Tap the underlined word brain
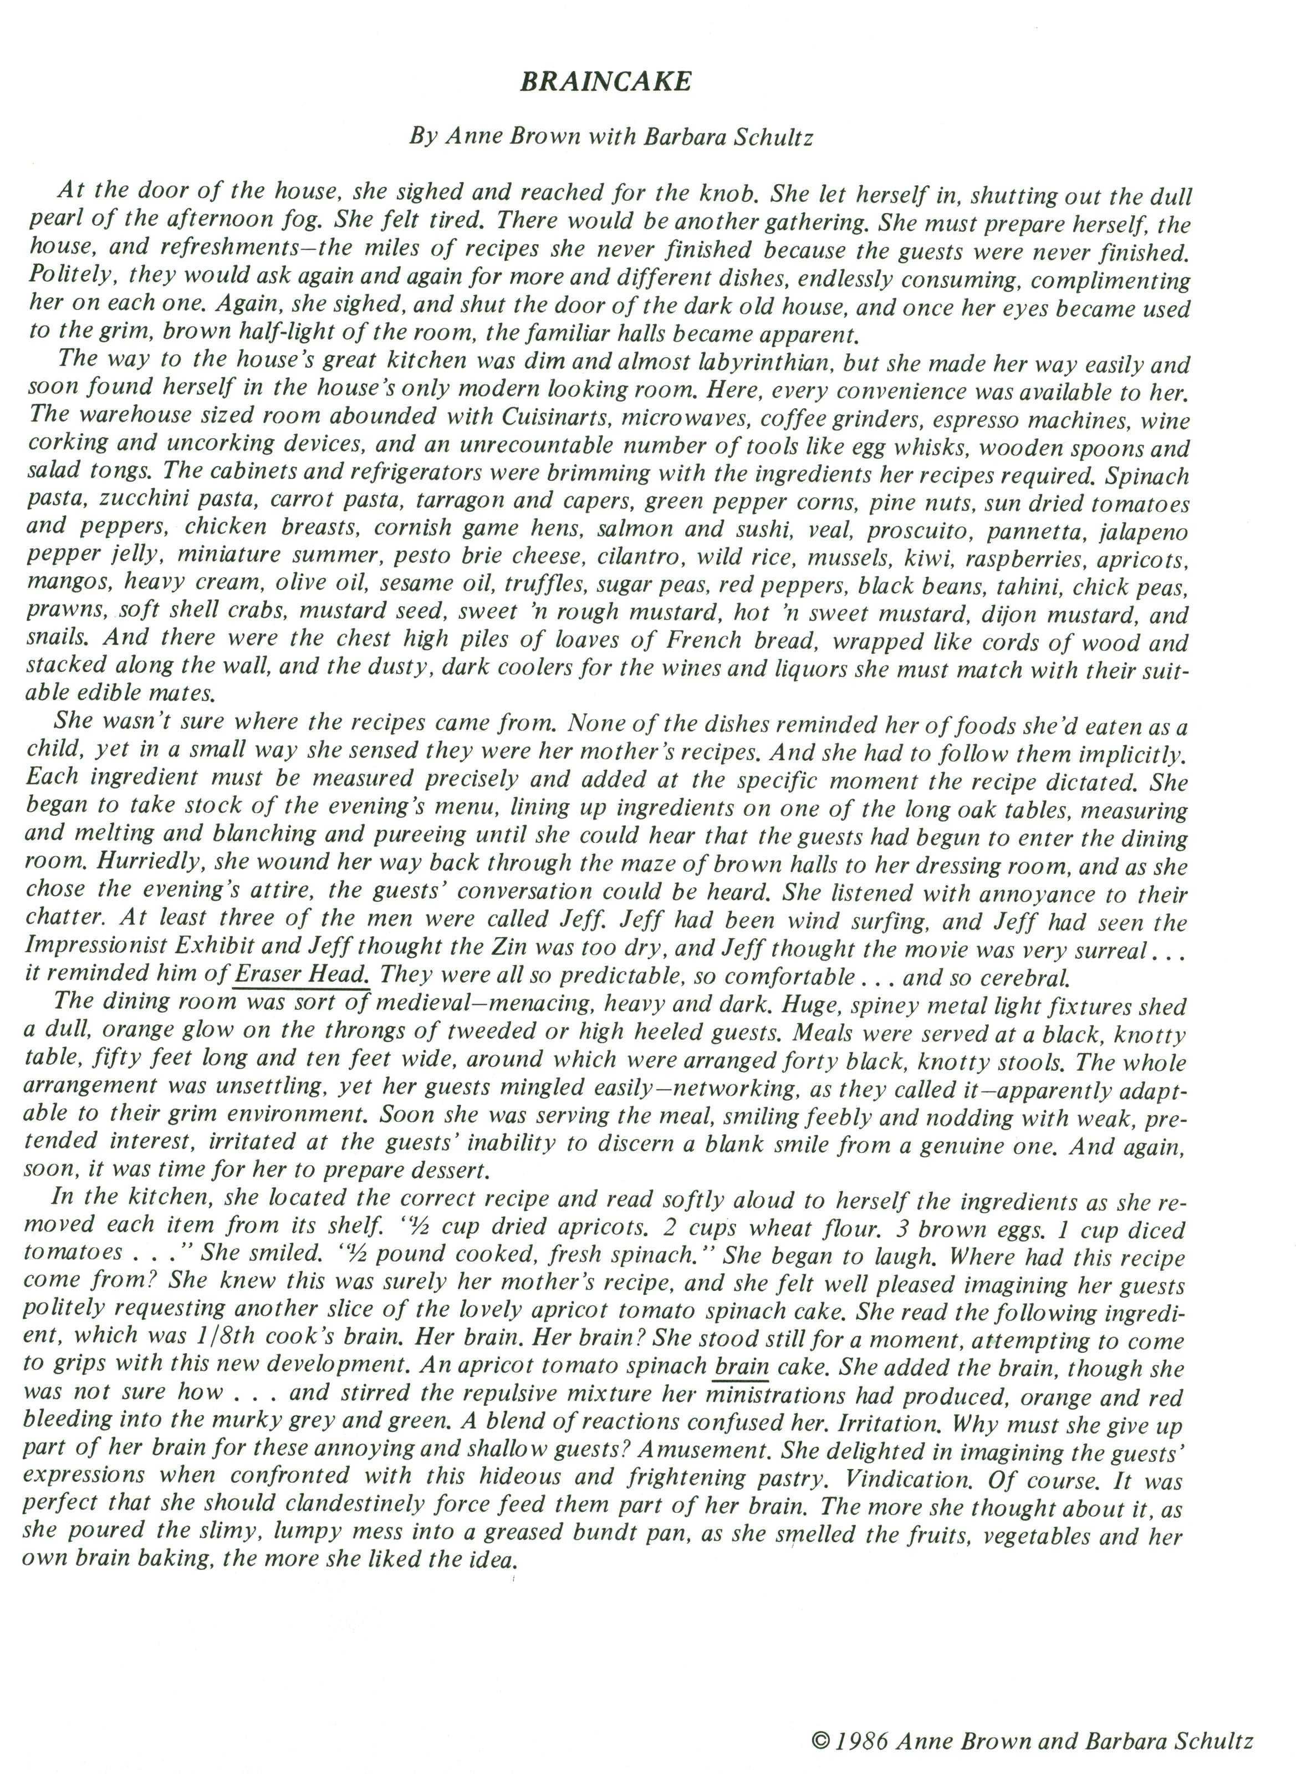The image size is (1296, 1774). (741, 1366)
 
